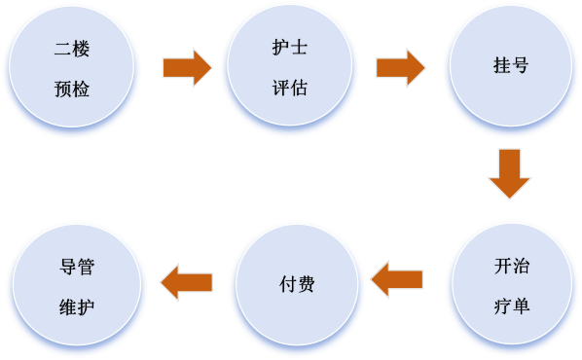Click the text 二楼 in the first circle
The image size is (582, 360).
pos(71,48)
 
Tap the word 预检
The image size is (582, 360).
pos(71,89)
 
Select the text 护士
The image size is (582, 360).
pos(289,48)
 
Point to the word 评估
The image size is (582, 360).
pos(289,89)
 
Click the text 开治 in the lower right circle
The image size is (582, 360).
pos(512,267)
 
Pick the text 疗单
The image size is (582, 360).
pos(512,306)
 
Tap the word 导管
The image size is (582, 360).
pos(77,267)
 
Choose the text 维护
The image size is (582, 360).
pos(77,306)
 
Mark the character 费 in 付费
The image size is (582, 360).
pos(306,285)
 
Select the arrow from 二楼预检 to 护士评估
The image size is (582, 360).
pos(187,68)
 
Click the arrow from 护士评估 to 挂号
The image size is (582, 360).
pos(400,68)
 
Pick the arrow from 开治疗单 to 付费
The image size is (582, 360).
pos(397,280)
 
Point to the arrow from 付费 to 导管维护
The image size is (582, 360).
pos(186,282)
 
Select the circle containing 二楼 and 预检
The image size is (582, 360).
pos(71,68)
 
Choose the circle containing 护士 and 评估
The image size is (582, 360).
pos(289,68)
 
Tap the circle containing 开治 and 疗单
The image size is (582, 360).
pos(512,286)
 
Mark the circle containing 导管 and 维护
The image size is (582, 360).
pos(77,286)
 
